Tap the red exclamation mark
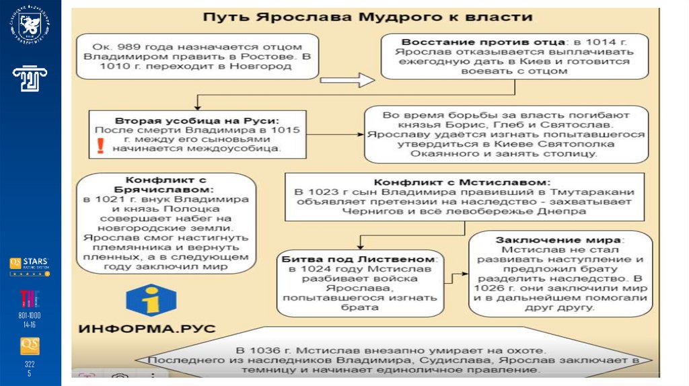point(100,146)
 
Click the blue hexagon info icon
point(151,301)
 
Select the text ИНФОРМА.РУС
point(147,329)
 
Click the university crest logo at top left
point(30,28)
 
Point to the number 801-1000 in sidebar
point(30,315)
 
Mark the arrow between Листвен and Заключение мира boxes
point(459,274)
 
